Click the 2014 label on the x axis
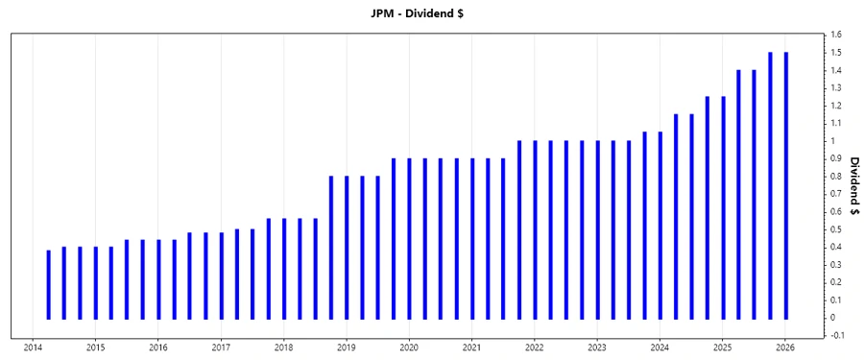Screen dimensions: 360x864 coord(33,348)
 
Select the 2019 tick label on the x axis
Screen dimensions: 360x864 coord(347,348)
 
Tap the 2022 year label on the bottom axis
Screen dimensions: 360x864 coord(535,348)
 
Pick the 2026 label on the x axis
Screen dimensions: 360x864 coord(785,348)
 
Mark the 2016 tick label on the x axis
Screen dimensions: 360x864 coord(158,348)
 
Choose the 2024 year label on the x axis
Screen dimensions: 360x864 coord(660,348)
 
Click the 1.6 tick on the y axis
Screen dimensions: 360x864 coord(837,35)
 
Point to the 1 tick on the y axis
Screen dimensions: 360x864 coord(833,141)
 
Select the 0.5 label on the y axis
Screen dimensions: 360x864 coord(837,229)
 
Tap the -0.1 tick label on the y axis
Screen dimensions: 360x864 coord(838,335)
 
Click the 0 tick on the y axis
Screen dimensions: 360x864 coord(833,318)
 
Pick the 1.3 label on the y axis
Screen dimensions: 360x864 coord(837,88)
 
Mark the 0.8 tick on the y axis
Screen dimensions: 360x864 coord(837,177)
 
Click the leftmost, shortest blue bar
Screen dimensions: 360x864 coord(48,284)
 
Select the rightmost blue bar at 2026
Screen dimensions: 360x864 coord(785,185)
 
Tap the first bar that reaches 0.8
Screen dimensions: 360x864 coord(331,247)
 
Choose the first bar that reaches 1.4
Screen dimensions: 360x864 coord(738,194)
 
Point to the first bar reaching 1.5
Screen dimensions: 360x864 coord(770,185)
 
